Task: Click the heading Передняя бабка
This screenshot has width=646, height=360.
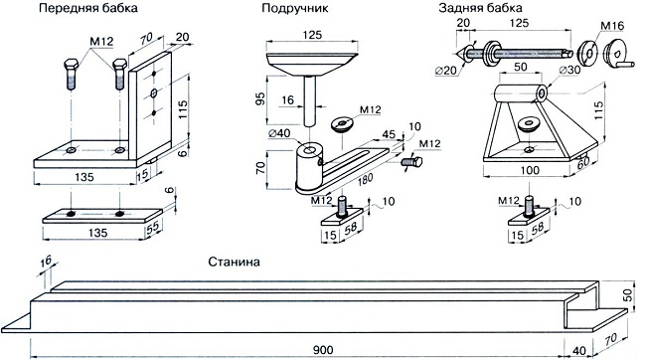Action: click(x=88, y=9)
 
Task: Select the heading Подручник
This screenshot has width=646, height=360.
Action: click(x=295, y=9)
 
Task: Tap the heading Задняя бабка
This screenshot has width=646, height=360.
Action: click(x=480, y=8)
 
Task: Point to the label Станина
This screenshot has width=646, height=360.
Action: click(x=234, y=262)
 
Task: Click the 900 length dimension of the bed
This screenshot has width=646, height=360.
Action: click(x=323, y=350)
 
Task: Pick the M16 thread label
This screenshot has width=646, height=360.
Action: click(x=612, y=26)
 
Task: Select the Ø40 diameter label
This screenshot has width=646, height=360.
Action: click(x=279, y=133)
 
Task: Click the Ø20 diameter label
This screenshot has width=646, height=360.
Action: click(x=446, y=71)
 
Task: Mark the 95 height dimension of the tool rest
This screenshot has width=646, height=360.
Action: click(x=260, y=99)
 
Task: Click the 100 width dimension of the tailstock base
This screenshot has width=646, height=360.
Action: click(x=530, y=170)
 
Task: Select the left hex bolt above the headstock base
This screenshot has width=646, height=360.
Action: click(x=72, y=75)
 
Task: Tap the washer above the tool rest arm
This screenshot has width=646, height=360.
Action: click(x=342, y=124)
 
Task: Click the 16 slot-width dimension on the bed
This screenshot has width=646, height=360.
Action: click(x=46, y=261)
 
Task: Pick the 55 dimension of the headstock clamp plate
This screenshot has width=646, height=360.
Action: click(x=154, y=225)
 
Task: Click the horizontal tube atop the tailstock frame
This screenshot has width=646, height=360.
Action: click(x=521, y=93)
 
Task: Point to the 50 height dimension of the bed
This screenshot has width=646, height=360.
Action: click(x=627, y=295)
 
